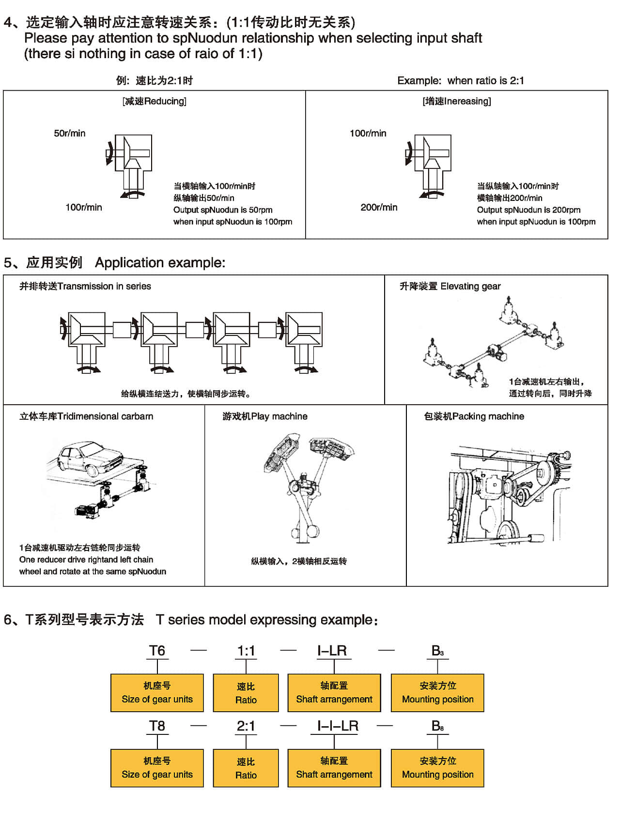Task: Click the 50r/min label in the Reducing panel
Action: pos(70,133)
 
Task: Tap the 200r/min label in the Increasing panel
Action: pos(379,207)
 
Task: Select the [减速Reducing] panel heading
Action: pos(155,101)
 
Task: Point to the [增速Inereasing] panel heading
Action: pos(457,101)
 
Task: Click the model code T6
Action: pos(157,651)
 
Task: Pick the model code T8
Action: pos(157,726)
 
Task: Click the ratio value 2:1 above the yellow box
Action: pos(246,726)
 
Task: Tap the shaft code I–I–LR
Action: pos(338,726)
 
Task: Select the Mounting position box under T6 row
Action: pos(437,693)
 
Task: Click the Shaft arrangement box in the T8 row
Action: pos(334,768)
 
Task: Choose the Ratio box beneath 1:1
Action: pos(246,693)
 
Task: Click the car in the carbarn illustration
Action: pos(90,457)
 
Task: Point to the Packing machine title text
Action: pos(474,416)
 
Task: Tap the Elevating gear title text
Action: pos(450,286)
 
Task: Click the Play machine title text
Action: pos(265,416)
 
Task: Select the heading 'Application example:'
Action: pos(160,263)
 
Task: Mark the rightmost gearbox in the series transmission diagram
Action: pos(304,336)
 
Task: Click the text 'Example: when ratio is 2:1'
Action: pos(461,80)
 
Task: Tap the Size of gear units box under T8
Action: pos(157,768)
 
